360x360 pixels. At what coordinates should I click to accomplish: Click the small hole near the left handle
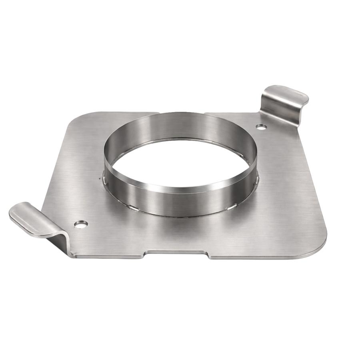click(x=81, y=224)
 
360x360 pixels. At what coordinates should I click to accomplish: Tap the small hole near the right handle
click(x=261, y=127)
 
